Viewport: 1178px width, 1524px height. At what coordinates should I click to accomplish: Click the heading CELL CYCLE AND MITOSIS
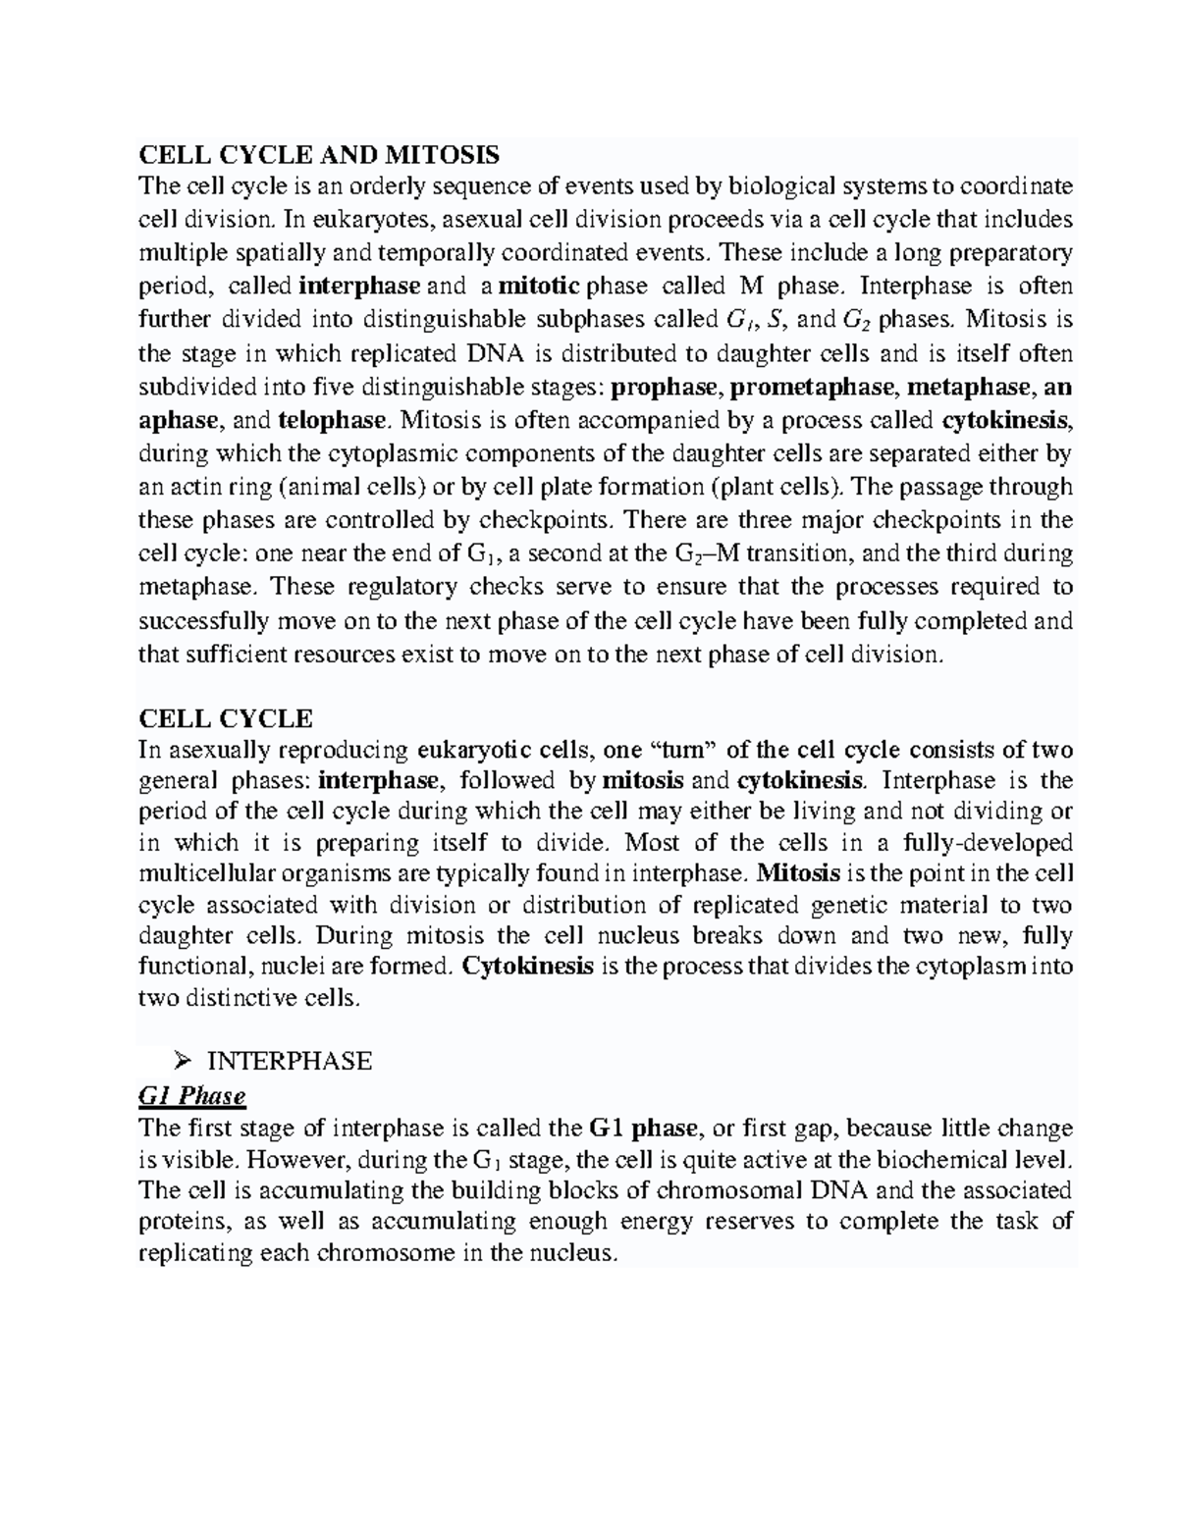[x=319, y=154]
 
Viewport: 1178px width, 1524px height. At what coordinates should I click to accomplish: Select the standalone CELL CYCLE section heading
[x=226, y=718]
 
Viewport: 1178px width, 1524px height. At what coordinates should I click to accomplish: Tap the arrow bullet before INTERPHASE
[x=180, y=1061]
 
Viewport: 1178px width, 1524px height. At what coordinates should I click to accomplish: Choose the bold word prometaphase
[x=810, y=387]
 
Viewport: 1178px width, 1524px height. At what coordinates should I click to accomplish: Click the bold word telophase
[x=332, y=420]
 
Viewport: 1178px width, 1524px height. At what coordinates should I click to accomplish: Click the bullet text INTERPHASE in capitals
[x=290, y=1061]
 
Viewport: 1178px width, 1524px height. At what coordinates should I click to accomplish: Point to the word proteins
[x=184, y=1222]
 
